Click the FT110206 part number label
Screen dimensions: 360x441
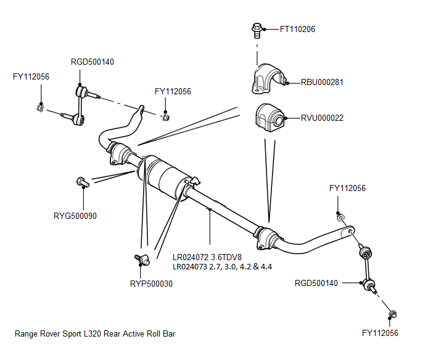click(x=297, y=29)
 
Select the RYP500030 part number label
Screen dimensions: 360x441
click(x=151, y=284)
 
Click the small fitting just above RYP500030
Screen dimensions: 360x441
click(x=141, y=259)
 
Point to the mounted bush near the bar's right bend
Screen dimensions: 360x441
click(x=266, y=238)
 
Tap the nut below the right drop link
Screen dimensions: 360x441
click(x=392, y=316)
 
